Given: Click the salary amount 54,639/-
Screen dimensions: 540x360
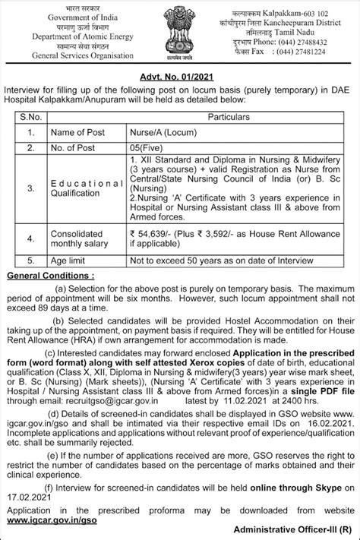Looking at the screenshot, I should [x=154, y=236].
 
